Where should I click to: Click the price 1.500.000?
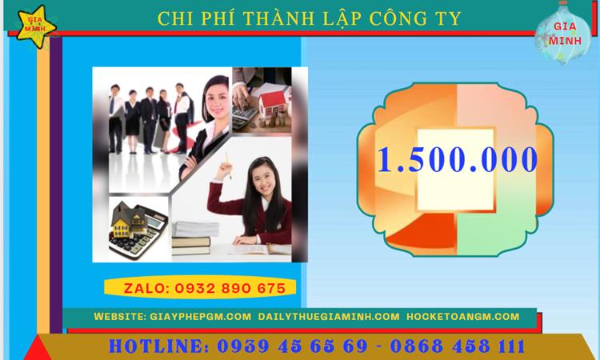coord(457,159)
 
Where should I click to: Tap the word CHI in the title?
coord(178,18)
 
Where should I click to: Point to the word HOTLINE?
coord(158,346)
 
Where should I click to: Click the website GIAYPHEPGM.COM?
coord(200,317)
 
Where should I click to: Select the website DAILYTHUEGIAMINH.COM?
coord(328,317)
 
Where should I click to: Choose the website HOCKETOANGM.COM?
coord(462,317)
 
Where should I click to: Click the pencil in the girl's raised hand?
coord(227,162)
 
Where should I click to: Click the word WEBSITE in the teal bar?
coord(119,317)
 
